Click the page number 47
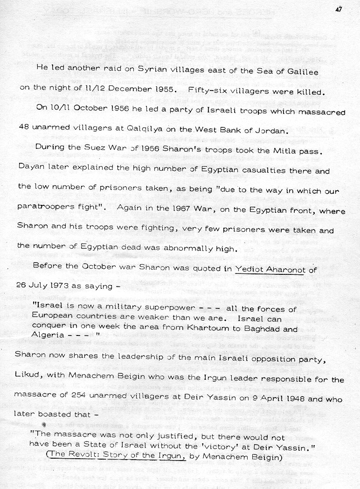339,8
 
